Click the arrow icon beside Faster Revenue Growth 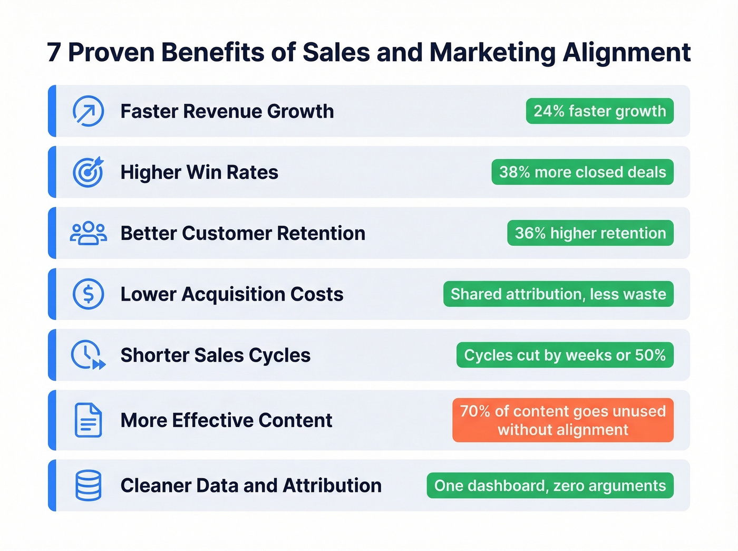(x=88, y=111)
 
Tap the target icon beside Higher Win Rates (x=88, y=172)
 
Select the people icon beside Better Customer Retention (x=88, y=233)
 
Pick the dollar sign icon (x=88, y=294)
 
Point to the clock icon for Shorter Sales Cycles (x=88, y=355)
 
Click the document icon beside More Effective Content (x=88, y=420)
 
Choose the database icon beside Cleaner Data (x=88, y=485)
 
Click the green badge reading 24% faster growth (x=599, y=111)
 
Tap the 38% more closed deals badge (x=582, y=172)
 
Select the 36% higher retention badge (x=590, y=233)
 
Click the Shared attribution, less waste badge (x=558, y=294)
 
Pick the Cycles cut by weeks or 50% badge (x=565, y=355)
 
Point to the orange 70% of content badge (x=562, y=420)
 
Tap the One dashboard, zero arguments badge (x=550, y=485)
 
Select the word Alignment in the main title (x=626, y=53)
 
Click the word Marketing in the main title (x=492, y=53)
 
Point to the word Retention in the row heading (x=321, y=233)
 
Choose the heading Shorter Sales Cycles (x=215, y=355)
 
